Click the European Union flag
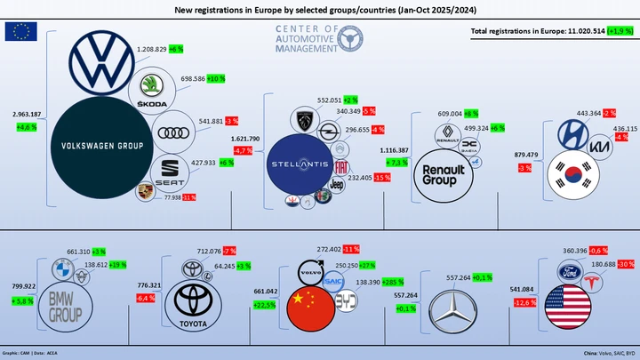click(20, 32)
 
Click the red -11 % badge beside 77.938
click(189, 197)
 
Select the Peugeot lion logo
click(300, 119)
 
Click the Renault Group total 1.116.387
click(394, 150)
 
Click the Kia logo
click(601, 147)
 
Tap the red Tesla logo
click(595, 282)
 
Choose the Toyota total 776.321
click(148, 285)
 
